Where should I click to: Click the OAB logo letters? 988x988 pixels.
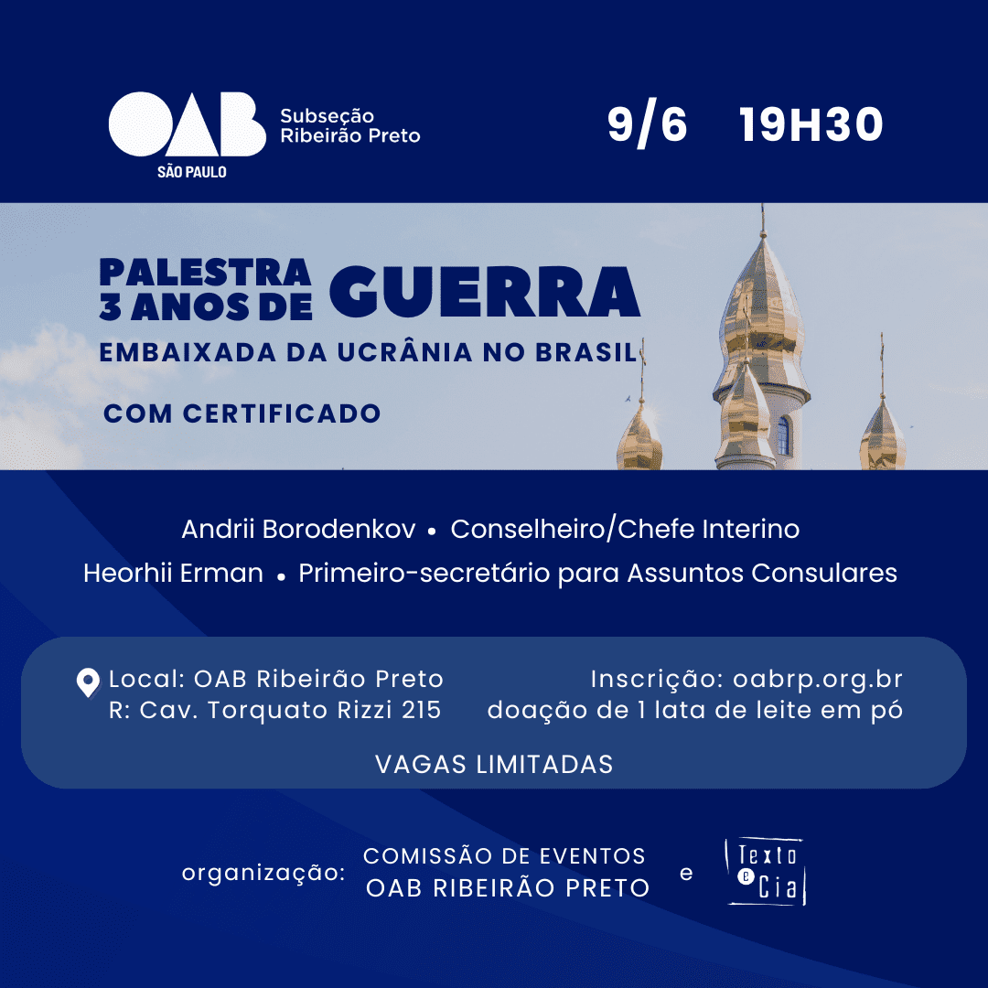pos(188,124)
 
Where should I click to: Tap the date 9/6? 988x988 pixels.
pos(647,124)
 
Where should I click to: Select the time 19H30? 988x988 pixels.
pos(811,124)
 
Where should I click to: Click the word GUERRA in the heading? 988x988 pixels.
pos(485,292)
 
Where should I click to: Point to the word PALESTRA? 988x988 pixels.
pos(206,273)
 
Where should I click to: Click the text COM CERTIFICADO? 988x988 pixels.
pos(242,414)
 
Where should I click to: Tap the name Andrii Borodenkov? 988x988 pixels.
pos(298,530)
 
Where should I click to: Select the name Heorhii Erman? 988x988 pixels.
pos(173,574)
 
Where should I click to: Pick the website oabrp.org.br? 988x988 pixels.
pos(818,680)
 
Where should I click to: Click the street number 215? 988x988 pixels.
pos(422,710)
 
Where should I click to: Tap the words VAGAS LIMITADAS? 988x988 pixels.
pos(494,764)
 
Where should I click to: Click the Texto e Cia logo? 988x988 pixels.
pos(766,872)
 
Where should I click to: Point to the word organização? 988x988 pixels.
pos(263,874)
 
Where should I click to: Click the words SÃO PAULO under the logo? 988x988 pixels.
pos(191,172)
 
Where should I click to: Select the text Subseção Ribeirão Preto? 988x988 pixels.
pos(350,126)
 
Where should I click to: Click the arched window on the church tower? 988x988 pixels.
pos(783,435)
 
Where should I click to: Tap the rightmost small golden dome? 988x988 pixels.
pos(883,437)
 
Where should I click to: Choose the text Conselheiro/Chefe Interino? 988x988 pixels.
pos(625,530)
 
